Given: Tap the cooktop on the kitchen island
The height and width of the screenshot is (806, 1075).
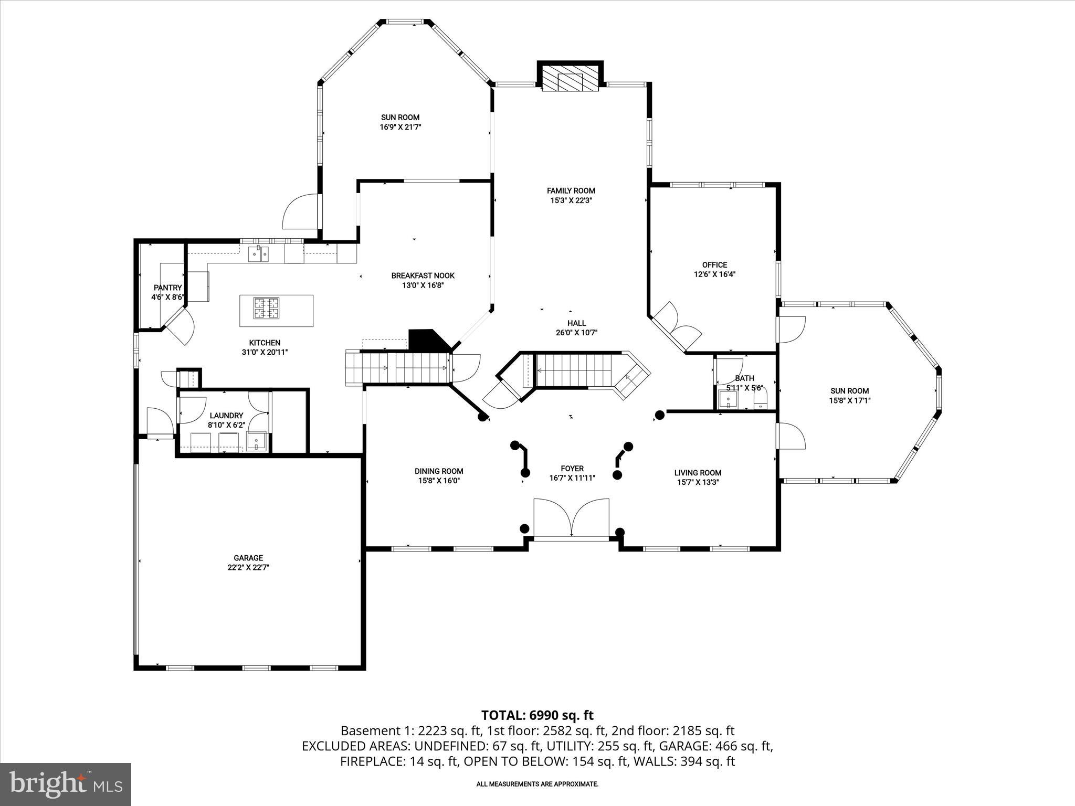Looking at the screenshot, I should [267, 309].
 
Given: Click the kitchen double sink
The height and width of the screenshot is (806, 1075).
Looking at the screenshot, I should [258, 254].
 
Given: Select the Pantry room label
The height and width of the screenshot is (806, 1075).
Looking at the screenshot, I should [167, 288].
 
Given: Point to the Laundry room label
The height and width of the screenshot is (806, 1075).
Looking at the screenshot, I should [226, 415].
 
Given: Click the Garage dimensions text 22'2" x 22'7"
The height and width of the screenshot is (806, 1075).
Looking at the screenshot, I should [248, 567].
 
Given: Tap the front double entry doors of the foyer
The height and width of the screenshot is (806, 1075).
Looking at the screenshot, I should [571, 518].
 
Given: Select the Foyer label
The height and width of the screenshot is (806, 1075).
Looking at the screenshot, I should [572, 469].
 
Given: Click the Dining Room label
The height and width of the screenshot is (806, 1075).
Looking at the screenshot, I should [439, 471].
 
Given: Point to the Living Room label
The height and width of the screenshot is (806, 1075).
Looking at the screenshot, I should [698, 473].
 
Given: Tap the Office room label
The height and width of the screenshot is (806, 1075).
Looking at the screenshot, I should [714, 265].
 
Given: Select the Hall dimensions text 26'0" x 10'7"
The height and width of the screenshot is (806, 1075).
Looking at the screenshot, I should [576, 333].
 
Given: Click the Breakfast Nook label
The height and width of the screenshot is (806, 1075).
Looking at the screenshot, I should [423, 275].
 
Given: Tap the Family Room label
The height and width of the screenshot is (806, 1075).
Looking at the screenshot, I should [571, 191].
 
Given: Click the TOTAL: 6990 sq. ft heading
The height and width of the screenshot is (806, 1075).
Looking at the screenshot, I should [537, 715].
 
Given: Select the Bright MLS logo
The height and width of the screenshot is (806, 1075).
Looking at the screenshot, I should [66, 784].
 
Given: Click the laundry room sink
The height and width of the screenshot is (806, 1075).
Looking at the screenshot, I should [257, 441].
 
